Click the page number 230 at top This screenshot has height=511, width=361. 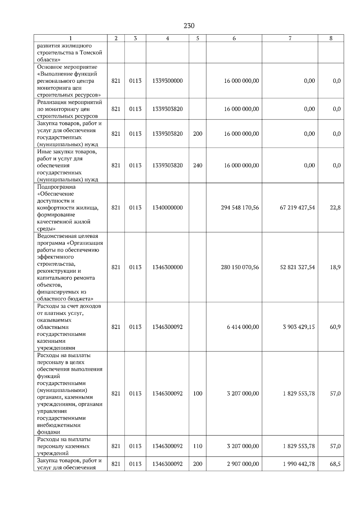[x=189, y=26]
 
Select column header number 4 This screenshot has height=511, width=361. [x=167, y=38]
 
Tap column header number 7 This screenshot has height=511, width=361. [x=290, y=38]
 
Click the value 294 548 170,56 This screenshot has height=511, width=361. [x=240, y=208]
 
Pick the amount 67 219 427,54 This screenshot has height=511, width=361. [x=297, y=208]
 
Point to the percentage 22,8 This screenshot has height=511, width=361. [x=335, y=208]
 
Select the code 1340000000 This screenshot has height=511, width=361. [x=167, y=208]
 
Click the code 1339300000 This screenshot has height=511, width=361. [x=167, y=81]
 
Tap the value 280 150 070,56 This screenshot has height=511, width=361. [x=240, y=267]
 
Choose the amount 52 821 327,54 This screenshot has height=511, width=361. [x=297, y=267]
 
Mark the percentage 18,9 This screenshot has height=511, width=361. [x=335, y=267]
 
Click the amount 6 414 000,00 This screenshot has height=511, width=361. [x=243, y=327]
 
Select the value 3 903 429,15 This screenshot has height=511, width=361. [x=299, y=327]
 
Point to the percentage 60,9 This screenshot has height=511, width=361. [x=335, y=327]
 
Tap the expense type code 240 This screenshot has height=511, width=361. [x=198, y=166]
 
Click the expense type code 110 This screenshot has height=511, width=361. [x=198, y=446]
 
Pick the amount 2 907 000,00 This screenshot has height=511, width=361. [x=243, y=464]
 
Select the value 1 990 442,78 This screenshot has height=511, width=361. [x=299, y=464]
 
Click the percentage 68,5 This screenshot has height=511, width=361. [x=335, y=464]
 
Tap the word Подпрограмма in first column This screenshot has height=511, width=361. [x=56, y=187]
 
